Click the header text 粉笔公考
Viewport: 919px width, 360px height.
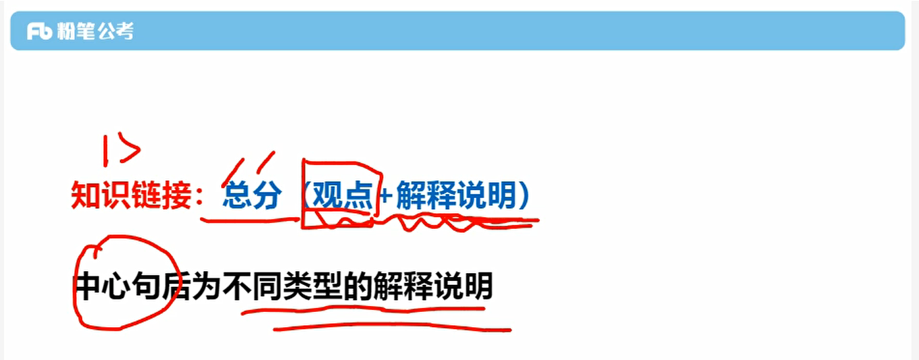(95, 31)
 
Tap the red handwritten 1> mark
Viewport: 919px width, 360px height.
(120, 151)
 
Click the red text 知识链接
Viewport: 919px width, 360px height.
(132, 196)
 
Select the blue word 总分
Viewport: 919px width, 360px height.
(252, 196)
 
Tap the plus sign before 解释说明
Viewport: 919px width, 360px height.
(386, 197)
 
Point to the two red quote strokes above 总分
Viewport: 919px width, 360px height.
(249, 167)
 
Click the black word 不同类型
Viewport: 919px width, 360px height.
(283, 288)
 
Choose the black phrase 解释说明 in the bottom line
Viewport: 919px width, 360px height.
(432, 288)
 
